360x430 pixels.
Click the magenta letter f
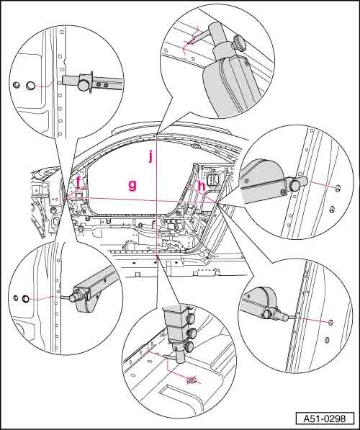pos(78,182)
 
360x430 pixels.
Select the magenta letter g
pos(132,186)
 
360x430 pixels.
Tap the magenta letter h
pos(202,187)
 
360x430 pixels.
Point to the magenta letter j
pos(150,156)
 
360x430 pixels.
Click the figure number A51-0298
pos(325,418)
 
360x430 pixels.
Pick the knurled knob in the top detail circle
pos(240,43)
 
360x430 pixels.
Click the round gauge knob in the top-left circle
pos(84,84)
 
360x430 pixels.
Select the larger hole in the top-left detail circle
pos(30,86)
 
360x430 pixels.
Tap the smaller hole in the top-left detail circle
pos(17,85)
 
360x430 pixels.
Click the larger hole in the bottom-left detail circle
pos(25,299)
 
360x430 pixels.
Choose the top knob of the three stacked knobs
pos(191,318)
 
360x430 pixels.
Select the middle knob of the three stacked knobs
pos(190,333)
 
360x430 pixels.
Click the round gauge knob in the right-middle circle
pos(294,185)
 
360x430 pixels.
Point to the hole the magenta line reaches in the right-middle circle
pos(338,187)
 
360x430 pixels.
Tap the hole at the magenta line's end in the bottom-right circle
pos(330,322)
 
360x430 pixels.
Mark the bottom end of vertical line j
pos(156,256)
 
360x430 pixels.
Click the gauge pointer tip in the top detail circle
pos(190,42)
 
